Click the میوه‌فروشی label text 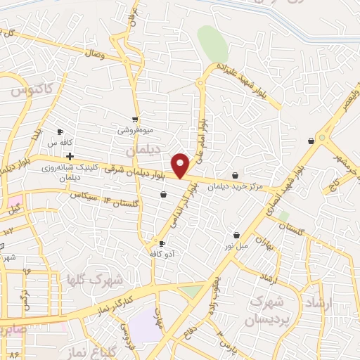pos(134,131)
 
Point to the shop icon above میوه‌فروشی pos(134,120)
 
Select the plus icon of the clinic pos(69,156)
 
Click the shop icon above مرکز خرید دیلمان pos(235,175)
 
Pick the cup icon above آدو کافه pos(163,243)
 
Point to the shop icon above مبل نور pos(237,235)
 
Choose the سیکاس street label pos(82,195)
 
